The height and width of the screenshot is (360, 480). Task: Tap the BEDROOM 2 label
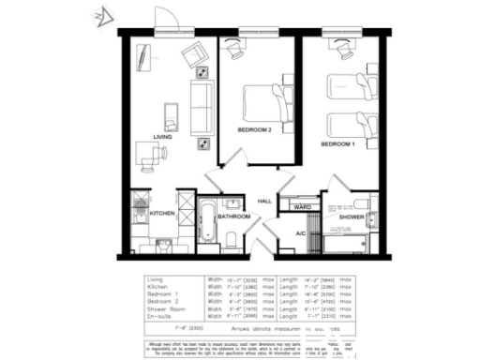(254, 129)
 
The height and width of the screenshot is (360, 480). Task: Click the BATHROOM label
(233, 217)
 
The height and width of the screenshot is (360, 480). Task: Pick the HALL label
(265, 201)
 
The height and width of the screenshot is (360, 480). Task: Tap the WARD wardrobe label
(302, 206)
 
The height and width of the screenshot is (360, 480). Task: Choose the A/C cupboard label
(301, 232)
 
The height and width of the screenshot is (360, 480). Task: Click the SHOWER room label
(352, 217)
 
